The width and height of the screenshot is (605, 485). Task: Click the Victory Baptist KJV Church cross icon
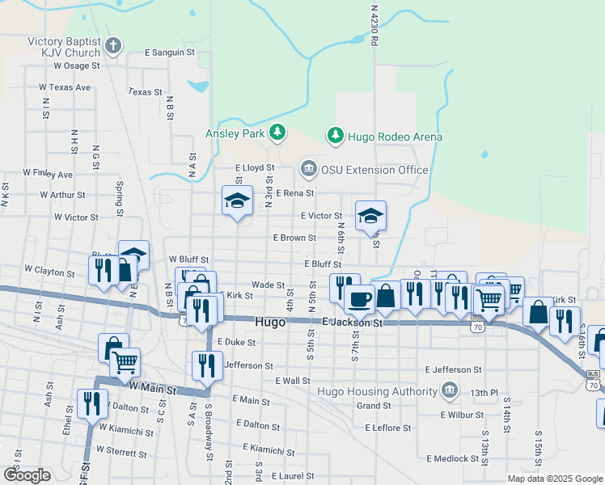point(113,46)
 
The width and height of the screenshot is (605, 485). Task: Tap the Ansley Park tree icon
point(277,131)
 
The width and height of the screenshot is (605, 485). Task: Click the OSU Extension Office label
point(374,170)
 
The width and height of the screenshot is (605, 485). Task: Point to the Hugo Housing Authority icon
point(449,392)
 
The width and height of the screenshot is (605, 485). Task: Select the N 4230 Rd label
point(374,24)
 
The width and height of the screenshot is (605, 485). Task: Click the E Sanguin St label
point(170,52)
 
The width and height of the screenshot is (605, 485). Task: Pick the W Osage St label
point(76,65)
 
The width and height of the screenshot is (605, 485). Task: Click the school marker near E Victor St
point(370,214)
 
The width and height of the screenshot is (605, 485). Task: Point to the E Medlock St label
point(454,458)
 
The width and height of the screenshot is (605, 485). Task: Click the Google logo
point(27,475)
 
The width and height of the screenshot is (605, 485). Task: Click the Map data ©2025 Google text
point(554,479)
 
